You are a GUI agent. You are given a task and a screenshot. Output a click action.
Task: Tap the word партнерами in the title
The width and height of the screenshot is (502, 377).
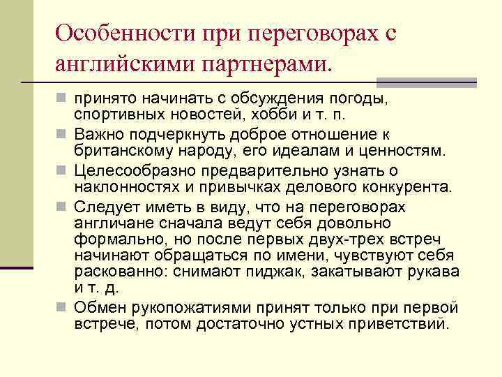(264, 65)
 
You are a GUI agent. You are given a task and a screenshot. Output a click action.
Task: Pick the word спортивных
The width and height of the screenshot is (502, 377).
(121, 113)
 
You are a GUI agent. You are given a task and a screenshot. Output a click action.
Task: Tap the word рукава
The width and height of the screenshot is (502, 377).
(432, 271)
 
